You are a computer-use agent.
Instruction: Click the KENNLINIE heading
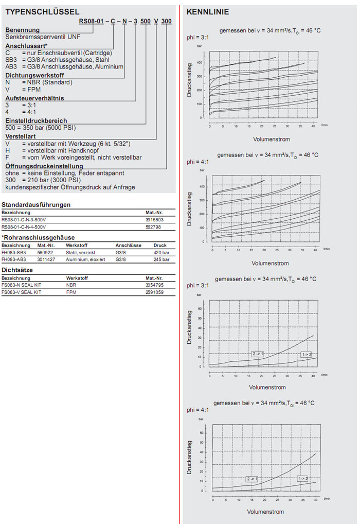coord(208,12)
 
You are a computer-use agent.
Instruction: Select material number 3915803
coord(155,219)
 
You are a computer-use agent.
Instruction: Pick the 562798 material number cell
coord(154,226)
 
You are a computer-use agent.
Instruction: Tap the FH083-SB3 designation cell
coord(13,253)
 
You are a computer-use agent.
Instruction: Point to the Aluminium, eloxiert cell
coord(85,259)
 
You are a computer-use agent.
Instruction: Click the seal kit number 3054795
coord(155,285)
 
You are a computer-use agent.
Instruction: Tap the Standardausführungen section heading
coord(36,204)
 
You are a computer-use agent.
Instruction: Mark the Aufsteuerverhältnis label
coord(34,98)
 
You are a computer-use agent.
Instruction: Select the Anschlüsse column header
coord(129,246)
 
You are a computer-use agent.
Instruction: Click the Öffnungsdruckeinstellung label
coord(44,167)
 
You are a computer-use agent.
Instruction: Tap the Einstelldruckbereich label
coord(36,120)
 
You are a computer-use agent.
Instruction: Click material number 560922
coord(46,253)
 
